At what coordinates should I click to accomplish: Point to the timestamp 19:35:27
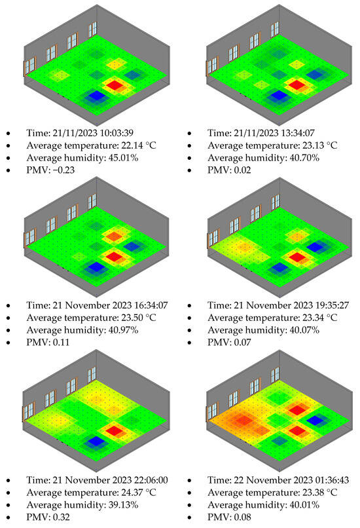[325, 305]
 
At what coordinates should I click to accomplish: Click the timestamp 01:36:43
[325, 478]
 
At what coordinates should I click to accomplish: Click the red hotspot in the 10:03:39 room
[115, 85]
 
